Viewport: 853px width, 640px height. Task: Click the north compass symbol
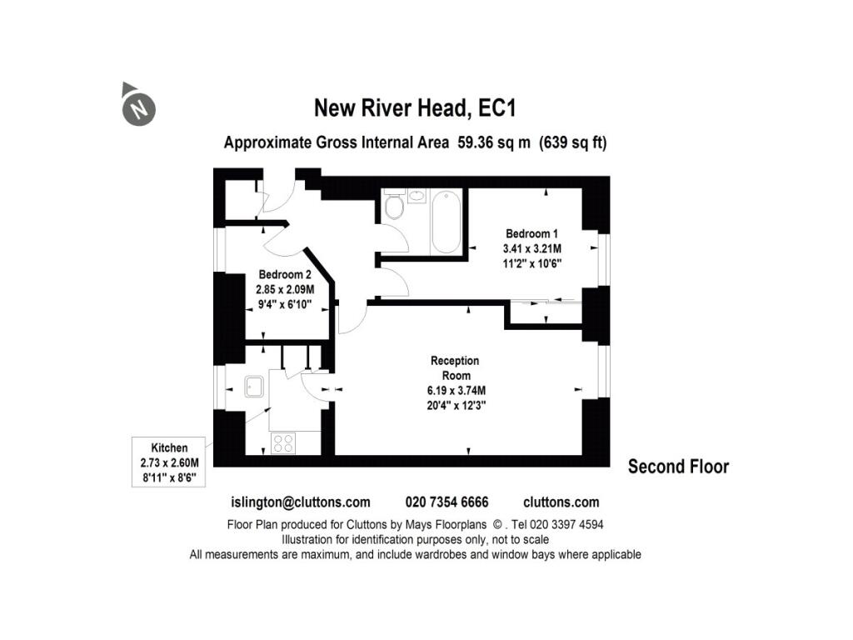click(138, 107)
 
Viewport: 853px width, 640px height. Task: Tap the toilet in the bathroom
click(395, 207)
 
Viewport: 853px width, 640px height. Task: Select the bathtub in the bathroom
click(446, 221)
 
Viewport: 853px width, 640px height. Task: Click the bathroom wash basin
click(417, 196)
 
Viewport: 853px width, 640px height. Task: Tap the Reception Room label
click(455, 367)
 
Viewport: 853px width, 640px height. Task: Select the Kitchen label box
click(169, 463)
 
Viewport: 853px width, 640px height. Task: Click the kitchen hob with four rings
click(282, 442)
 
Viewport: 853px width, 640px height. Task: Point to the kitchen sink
click(254, 386)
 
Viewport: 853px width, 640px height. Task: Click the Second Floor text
click(678, 467)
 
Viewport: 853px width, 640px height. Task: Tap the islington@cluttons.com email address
click(300, 502)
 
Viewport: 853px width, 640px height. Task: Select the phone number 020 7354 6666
click(446, 502)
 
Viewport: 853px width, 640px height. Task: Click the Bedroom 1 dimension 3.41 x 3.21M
click(532, 248)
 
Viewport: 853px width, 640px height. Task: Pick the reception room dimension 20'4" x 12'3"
click(455, 406)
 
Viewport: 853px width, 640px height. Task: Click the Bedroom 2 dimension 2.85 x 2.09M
click(284, 290)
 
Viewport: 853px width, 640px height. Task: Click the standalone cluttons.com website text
click(561, 502)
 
